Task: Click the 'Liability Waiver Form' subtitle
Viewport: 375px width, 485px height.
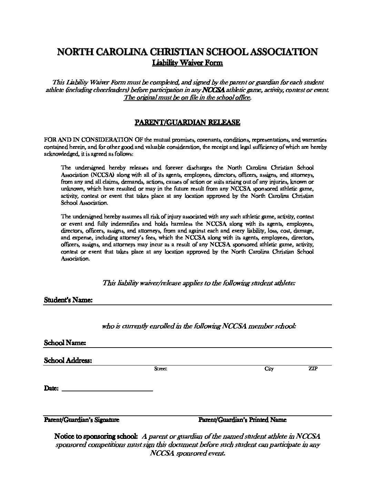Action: [187, 63]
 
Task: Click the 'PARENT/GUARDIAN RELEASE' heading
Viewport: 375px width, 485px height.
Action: [187, 122]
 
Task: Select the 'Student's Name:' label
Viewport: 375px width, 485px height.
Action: [68, 300]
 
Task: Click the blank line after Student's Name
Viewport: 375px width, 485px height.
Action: [212, 303]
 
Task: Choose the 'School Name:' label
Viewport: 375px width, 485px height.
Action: [65, 343]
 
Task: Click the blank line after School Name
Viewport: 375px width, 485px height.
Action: [209, 346]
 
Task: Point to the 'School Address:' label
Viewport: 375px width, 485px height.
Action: [68, 361]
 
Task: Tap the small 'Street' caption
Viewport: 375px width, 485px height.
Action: [161, 369]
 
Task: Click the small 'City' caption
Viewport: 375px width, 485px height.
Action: [269, 369]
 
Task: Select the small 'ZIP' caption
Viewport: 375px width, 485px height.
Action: [313, 369]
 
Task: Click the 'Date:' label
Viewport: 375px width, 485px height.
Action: [51, 388]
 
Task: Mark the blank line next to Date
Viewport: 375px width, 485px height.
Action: [107, 390]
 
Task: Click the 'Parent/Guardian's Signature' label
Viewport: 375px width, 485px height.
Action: [82, 420]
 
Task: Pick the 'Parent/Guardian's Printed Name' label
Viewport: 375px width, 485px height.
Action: [242, 420]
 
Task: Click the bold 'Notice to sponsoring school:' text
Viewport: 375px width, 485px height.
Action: [96, 436]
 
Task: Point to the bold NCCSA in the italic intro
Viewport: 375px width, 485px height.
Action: [214, 90]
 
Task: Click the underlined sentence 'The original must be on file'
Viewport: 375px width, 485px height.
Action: [187, 97]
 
